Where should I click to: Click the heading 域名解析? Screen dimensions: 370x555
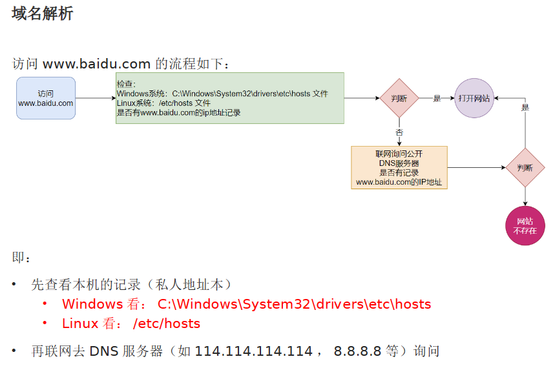click(42, 13)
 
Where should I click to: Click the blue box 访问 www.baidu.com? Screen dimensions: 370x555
click(46, 98)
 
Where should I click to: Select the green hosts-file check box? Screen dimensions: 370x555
click(229, 98)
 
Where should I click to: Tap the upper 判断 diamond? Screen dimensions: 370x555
click(399, 98)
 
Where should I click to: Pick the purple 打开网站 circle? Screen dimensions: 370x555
click(474, 98)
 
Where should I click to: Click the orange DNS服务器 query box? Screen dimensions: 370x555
click(399, 167)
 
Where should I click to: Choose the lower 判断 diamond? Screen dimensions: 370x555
click(525, 167)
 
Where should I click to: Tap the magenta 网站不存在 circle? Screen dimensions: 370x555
click(525, 226)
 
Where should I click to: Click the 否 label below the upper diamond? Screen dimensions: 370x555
click(399, 132)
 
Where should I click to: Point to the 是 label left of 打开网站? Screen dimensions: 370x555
click(437, 98)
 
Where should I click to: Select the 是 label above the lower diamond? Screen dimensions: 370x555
click(525, 107)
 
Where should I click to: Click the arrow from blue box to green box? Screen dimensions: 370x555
click(95, 99)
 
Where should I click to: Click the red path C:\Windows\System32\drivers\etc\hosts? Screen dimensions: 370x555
click(294, 304)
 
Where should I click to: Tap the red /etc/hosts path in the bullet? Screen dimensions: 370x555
click(167, 324)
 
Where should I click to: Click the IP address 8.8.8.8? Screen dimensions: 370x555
click(357, 351)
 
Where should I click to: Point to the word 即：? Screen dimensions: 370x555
click(21, 258)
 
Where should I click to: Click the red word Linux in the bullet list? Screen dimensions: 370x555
click(80, 324)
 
